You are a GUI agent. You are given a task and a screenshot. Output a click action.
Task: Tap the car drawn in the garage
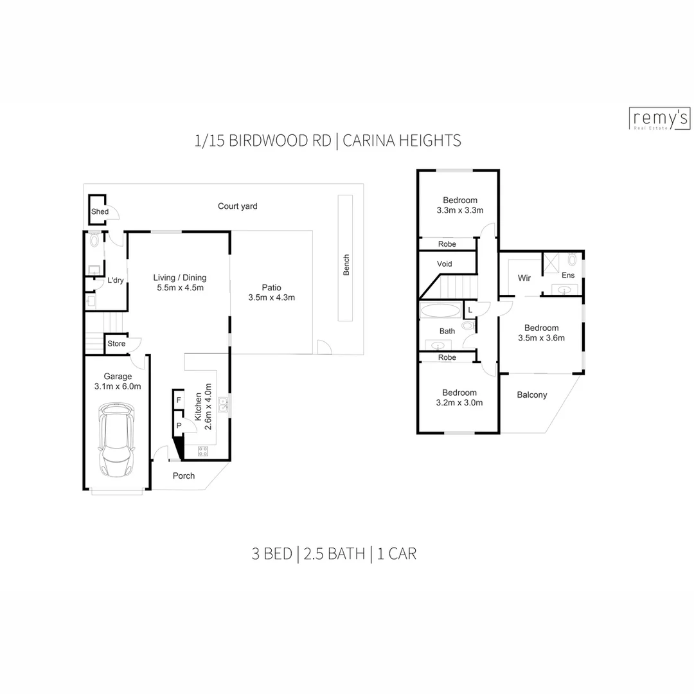pos(116,441)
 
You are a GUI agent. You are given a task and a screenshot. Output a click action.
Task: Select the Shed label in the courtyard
pos(100,211)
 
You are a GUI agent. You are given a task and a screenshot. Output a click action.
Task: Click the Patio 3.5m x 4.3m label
pos(271,292)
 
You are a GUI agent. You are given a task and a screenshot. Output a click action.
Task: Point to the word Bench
pos(346,265)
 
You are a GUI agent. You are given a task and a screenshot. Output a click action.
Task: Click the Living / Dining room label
pos(180,282)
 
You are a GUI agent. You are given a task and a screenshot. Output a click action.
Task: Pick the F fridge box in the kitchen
pos(179,400)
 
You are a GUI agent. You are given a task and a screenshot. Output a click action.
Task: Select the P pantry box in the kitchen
pos(179,425)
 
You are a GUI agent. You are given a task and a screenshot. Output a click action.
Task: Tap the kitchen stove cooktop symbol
pos(203,451)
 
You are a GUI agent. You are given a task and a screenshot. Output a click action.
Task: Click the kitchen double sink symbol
pos(223,404)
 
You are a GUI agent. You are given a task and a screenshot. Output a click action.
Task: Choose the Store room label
pos(116,344)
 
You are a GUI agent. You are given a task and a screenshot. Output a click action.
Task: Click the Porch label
pos(184,476)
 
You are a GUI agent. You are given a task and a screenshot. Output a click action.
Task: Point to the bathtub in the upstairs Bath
pos(440,311)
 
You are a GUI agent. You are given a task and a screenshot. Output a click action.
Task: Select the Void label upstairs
pos(444,264)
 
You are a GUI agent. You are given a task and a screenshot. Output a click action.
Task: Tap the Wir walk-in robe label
pos(524,278)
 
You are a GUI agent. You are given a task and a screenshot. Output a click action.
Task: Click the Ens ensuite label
pos(568,275)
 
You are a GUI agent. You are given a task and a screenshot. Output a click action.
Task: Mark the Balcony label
pos(531,395)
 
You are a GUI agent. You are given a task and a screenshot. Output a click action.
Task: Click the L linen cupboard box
pos(470,310)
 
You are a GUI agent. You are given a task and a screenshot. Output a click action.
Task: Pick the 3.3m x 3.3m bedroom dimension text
pos(459,210)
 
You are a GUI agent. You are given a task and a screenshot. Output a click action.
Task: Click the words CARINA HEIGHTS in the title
pos(402,141)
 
